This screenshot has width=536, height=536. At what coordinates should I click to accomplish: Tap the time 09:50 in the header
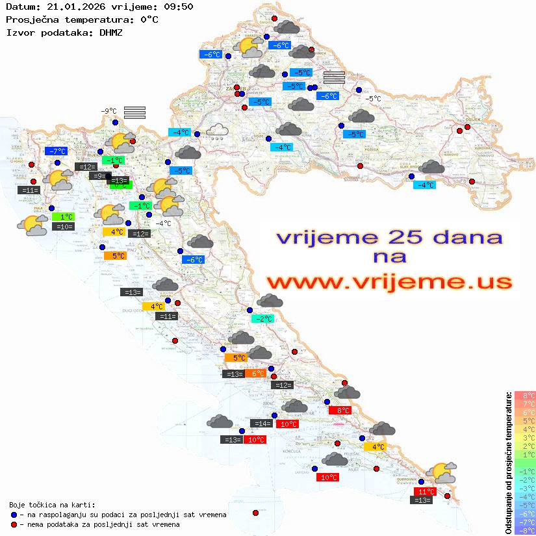(179, 6)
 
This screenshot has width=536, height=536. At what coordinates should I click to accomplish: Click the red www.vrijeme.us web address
(389, 282)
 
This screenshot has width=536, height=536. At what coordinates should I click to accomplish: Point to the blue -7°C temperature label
(56, 151)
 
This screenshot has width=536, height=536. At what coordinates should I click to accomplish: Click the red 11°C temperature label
(426, 492)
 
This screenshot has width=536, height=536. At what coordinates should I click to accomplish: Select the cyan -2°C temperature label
(262, 319)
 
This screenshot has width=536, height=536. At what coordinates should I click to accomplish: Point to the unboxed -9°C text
(108, 111)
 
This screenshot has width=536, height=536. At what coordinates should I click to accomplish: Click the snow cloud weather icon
(216, 132)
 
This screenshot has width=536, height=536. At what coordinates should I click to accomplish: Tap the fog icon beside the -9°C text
(134, 112)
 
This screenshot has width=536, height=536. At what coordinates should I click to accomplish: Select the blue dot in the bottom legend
(14, 515)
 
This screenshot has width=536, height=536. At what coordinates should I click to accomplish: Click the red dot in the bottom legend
(14, 524)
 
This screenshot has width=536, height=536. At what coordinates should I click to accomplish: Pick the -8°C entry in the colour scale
(524, 530)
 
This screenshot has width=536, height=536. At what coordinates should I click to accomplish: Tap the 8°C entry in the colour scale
(524, 395)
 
